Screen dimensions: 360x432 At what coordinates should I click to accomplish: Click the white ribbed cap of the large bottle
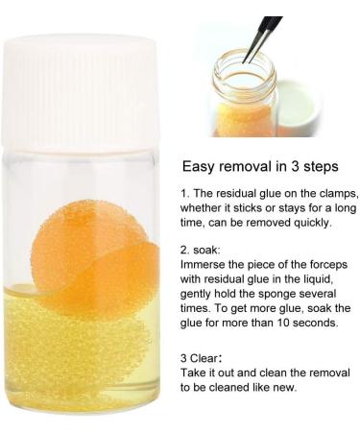80,94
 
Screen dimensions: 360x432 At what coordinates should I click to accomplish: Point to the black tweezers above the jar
261,38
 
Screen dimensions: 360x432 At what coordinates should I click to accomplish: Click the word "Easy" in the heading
198,167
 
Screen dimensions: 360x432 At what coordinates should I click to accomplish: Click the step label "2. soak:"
200,250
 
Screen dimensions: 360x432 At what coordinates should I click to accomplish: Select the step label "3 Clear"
200,358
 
